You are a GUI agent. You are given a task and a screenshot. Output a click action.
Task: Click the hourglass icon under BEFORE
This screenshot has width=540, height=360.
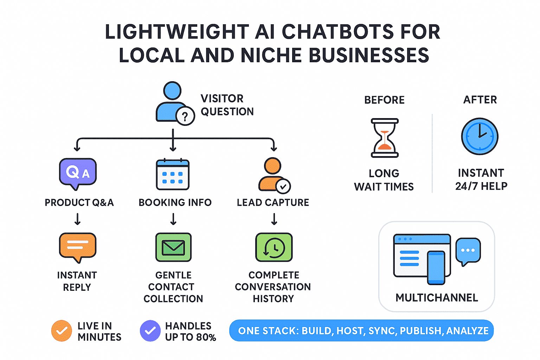(x=385, y=138)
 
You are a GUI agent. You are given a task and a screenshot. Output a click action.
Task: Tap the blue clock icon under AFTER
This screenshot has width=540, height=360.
(x=480, y=136)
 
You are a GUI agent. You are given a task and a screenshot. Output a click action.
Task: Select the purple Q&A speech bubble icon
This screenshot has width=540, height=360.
(x=78, y=172)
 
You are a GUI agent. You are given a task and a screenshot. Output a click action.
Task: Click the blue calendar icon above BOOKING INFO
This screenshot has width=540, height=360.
(x=173, y=174)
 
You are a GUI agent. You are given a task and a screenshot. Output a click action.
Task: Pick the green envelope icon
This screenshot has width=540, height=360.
(x=173, y=247)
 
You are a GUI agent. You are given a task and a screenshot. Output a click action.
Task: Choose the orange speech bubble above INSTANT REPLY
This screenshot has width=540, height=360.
(x=77, y=246)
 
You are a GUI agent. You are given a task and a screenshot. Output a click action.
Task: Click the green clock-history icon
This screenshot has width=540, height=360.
(x=274, y=247)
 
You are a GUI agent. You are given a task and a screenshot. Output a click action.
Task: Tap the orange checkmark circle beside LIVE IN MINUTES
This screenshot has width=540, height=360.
(x=62, y=331)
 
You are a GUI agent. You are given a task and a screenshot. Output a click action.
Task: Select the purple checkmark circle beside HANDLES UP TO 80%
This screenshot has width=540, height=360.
(x=150, y=331)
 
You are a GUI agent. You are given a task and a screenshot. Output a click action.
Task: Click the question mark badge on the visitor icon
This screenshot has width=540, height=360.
(x=185, y=116)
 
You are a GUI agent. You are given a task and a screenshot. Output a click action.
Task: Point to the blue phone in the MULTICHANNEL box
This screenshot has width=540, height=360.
(x=436, y=268)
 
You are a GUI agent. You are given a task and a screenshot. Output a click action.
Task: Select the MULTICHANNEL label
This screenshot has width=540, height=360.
(x=437, y=298)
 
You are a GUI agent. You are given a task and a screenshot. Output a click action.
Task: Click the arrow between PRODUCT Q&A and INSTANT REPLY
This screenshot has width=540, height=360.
(x=78, y=219)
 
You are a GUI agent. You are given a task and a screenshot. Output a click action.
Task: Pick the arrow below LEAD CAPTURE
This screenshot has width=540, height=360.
(x=274, y=219)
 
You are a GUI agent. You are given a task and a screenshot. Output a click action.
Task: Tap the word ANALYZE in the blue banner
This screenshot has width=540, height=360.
(x=467, y=331)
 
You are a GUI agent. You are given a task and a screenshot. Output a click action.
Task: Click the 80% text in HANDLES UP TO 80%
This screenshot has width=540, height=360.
(x=206, y=337)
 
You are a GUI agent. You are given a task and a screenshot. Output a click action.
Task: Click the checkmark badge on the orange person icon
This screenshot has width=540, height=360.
(x=283, y=186)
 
